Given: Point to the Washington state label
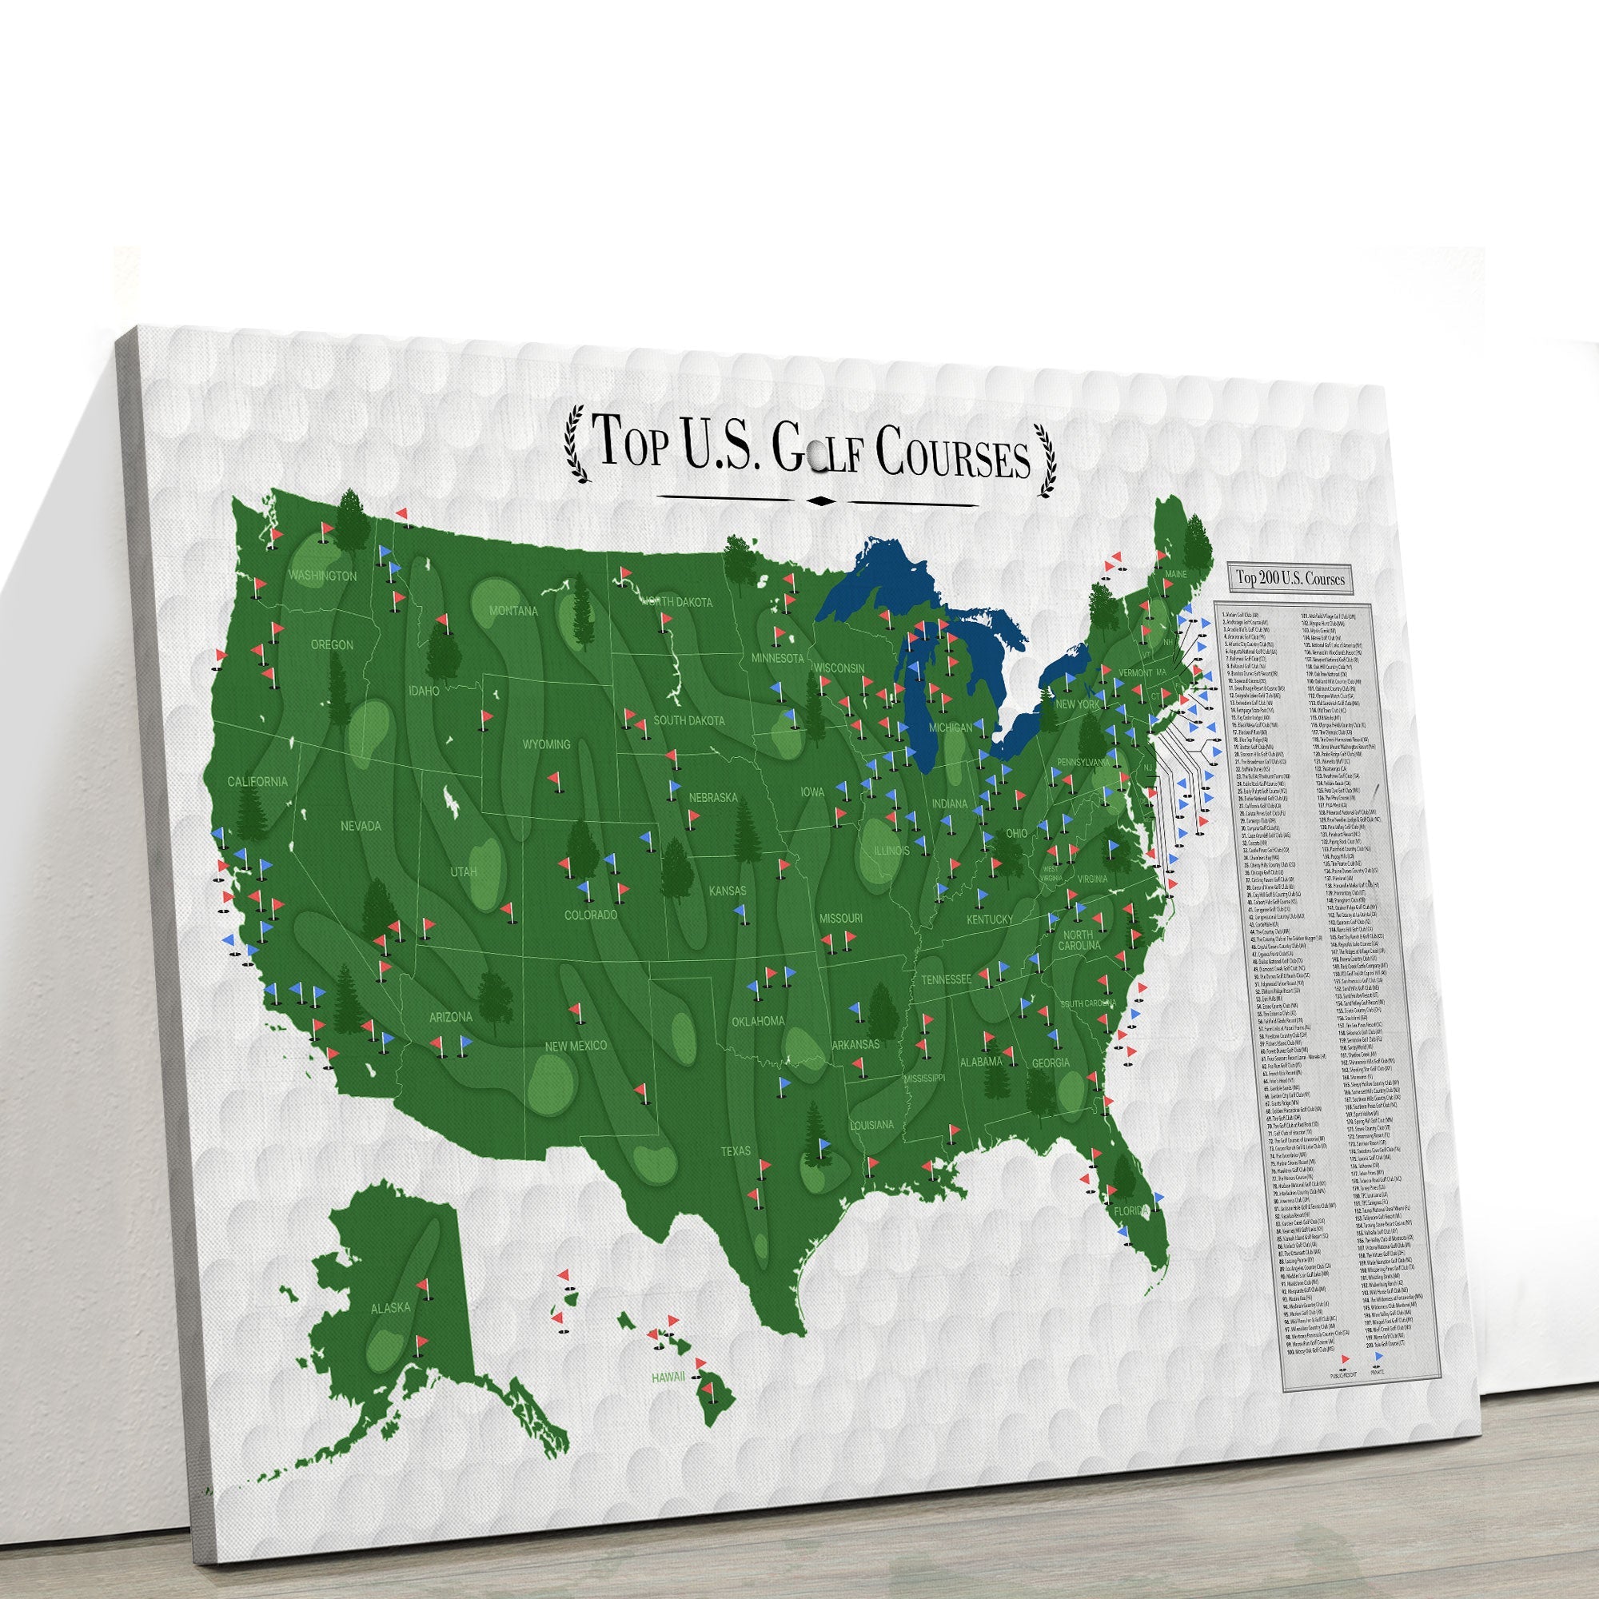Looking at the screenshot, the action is pos(323,575).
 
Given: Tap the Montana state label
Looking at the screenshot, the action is pos(513,611).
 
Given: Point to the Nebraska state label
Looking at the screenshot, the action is pos(713,798).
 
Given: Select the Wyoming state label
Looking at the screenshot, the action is pos(546,744).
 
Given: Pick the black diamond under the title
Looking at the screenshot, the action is pos(819,500).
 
